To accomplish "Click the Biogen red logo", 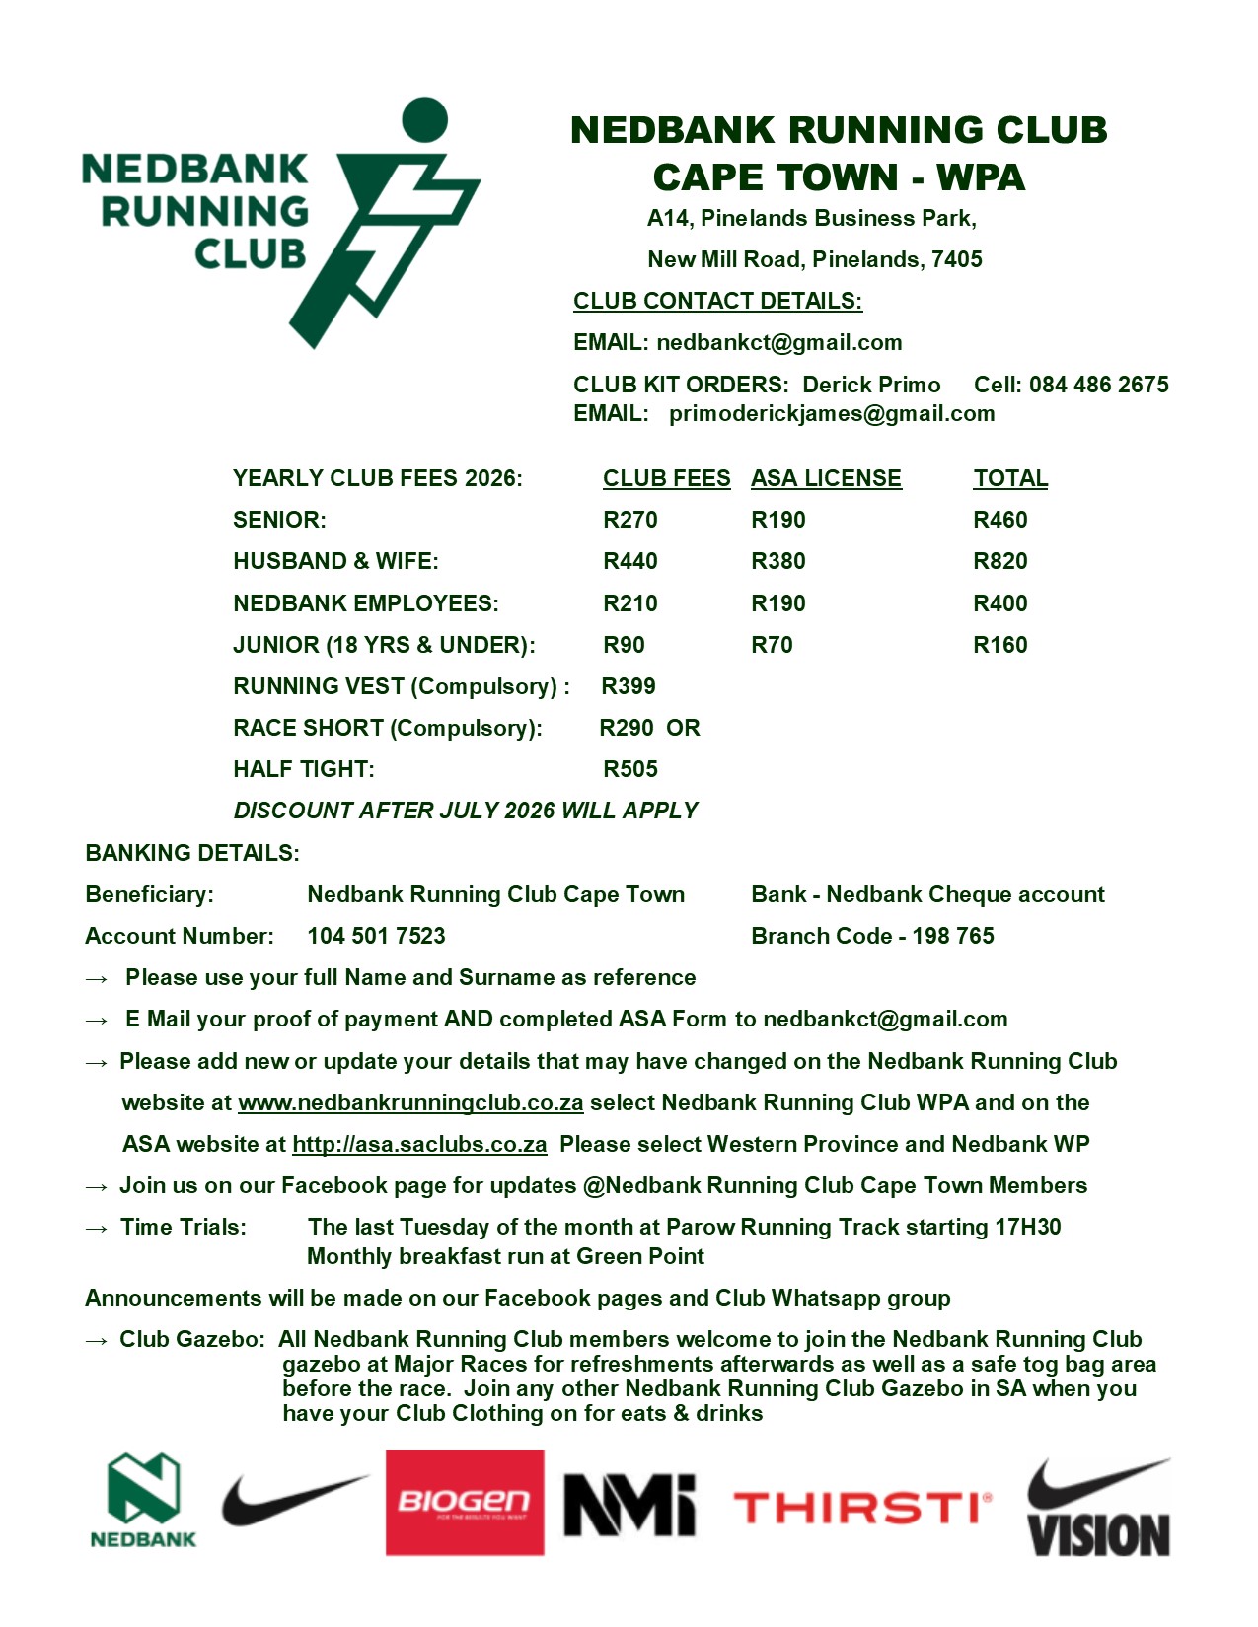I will [464, 1502].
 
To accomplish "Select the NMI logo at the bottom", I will [629, 1505].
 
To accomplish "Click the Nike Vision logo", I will [1098, 1509].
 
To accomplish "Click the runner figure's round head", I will [425, 120].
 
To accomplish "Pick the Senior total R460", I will [999, 520].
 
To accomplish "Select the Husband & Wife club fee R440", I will [629, 561].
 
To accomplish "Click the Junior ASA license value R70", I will [772, 645].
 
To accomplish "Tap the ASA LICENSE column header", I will [826, 478].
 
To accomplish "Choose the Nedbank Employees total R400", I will [999, 603].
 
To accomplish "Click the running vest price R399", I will [629, 686].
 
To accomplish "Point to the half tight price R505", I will [629, 769].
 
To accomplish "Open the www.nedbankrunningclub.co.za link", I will [410, 1102].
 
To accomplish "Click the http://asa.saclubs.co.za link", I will [419, 1144].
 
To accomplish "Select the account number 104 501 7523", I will [376, 936].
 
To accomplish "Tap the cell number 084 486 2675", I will [1098, 385].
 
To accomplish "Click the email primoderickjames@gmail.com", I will [832, 413].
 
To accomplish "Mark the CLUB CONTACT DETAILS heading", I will [717, 301].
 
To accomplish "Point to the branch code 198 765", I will [953, 936].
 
